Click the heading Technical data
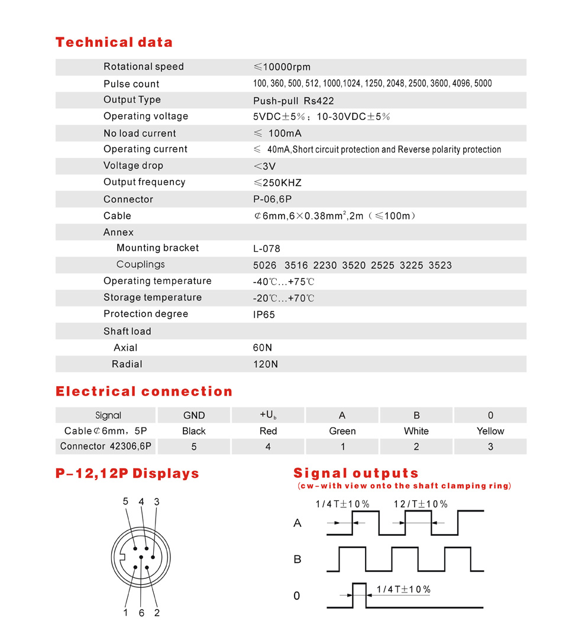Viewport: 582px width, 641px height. point(114,42)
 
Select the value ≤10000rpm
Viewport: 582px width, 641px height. point(282,67)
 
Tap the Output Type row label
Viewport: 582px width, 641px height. point(132,100)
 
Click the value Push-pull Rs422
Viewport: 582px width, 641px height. point(293,101)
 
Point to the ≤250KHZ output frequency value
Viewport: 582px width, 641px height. point(277,183)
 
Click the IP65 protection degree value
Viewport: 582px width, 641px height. point(264,315)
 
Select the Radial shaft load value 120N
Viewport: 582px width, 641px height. point(265,364)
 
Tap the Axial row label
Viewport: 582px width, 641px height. point(125,348)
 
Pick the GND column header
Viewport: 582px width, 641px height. point(194,415)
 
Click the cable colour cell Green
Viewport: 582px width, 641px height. point(342,431)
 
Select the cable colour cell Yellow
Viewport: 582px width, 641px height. point(490,431)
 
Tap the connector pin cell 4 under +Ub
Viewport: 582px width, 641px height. point(268,446)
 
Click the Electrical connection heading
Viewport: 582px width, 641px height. point(144,391)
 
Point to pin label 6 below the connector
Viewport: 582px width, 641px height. point(141,613)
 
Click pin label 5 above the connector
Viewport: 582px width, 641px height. point(125,501)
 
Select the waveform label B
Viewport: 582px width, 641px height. point(298,559)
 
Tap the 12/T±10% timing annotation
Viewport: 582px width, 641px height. point(421,504)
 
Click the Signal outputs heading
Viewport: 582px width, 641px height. point(356,473)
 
